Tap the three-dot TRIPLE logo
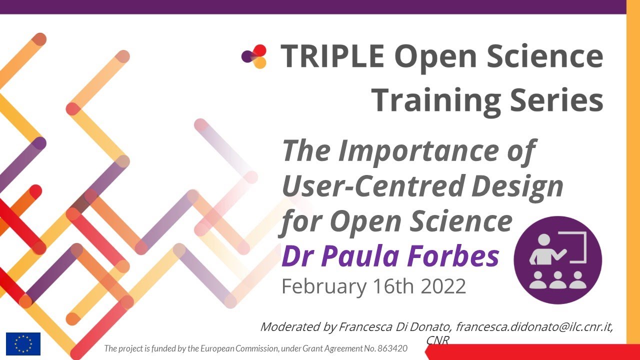point(254,56)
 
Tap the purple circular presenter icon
point(557,260)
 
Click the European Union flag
point(23,343)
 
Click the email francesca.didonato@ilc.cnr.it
point(533,327)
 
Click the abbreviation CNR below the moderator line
point(437,340)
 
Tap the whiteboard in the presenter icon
point(575,247)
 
